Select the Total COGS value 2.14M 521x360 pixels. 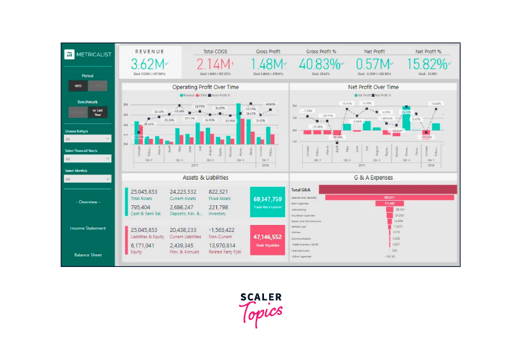[214, 64]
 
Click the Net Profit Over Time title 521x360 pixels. [374, 87]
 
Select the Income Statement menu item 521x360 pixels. [88, 227]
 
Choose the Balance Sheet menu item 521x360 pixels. [88, 255]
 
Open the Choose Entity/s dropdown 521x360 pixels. [88, 138]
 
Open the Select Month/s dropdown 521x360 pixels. [88, 179]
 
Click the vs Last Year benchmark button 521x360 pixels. [98, 112]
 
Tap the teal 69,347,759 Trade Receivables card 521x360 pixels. [267, 202]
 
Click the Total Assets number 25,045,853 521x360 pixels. [144, 191]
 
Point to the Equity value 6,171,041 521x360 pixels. [142, 245]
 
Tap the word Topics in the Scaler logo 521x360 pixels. [261, 313]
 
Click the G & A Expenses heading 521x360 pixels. [374, 178]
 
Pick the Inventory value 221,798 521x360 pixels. [218, 207]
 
